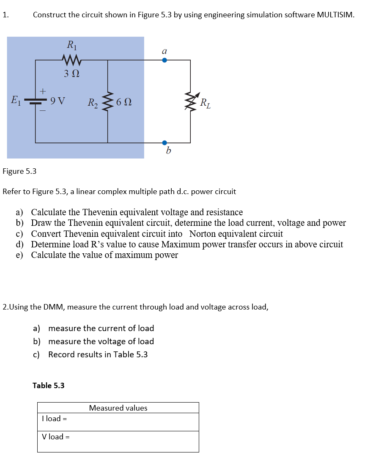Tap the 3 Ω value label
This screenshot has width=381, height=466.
click(x=71, y=74)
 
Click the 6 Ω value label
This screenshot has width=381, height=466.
click(x=123, y=102)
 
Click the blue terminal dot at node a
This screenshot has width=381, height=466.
click(x=165, y=60)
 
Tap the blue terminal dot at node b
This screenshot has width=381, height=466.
click(x=165, y=143)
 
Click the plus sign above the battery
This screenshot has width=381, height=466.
click(x=42, y=90)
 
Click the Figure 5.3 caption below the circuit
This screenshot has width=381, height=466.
click(x=19, y=171)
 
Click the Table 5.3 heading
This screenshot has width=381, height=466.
click(x=49, y=386)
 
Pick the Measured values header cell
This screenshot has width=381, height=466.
click(x=118, y=408)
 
